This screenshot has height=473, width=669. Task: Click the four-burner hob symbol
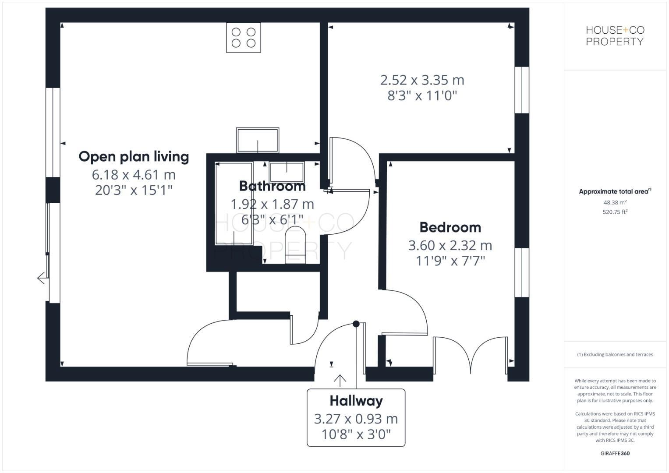(244, 38)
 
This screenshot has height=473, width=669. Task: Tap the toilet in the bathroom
(295, 245)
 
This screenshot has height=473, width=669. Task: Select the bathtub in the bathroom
(234, 204)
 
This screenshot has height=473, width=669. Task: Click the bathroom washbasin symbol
(287, 172)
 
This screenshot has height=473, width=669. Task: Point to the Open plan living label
(134, 156)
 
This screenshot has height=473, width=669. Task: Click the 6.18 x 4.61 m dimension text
(134, 175)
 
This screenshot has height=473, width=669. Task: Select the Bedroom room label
(450, 227)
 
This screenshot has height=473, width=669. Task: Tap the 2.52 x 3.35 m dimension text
(422, 80)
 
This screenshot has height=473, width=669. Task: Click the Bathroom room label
(272, 186)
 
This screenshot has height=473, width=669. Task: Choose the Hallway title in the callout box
(356, 401)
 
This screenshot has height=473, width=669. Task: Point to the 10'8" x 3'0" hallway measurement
(356, 434)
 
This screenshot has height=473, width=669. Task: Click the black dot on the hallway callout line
(356, 324)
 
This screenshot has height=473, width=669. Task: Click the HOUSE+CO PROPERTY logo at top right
(615, 36)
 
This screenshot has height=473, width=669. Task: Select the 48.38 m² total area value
(615, 202)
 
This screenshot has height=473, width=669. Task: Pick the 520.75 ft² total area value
(615, 212)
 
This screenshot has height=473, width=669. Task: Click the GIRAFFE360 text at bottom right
(615, 453)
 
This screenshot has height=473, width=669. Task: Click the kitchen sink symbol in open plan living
(258, 140)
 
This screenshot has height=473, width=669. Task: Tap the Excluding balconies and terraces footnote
(615, 354)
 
